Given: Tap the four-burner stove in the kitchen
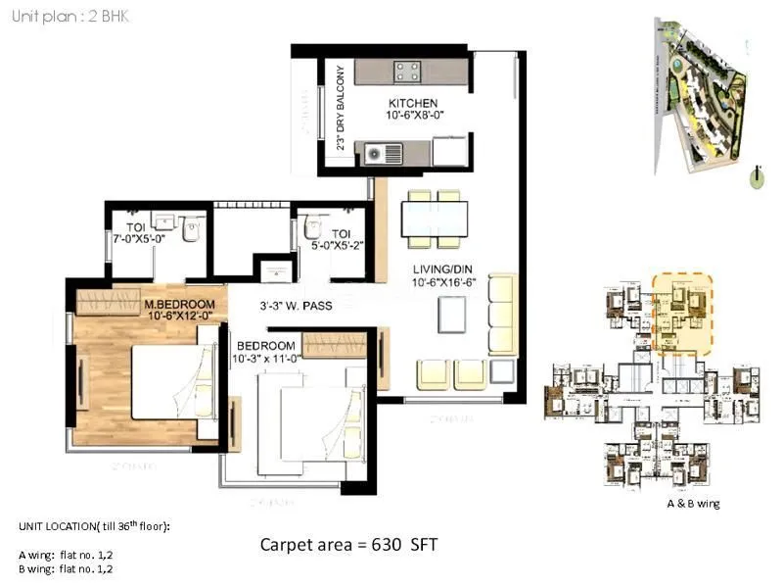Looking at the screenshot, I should click(407, 72).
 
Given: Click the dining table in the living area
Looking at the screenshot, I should click(435, 219).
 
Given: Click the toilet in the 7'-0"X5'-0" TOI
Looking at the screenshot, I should click(193, 230).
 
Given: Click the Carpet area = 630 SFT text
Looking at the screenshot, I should click(354, 544).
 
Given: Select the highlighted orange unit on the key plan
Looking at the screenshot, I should click(681, 314).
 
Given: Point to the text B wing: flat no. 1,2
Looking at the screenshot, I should click(66, 568).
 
